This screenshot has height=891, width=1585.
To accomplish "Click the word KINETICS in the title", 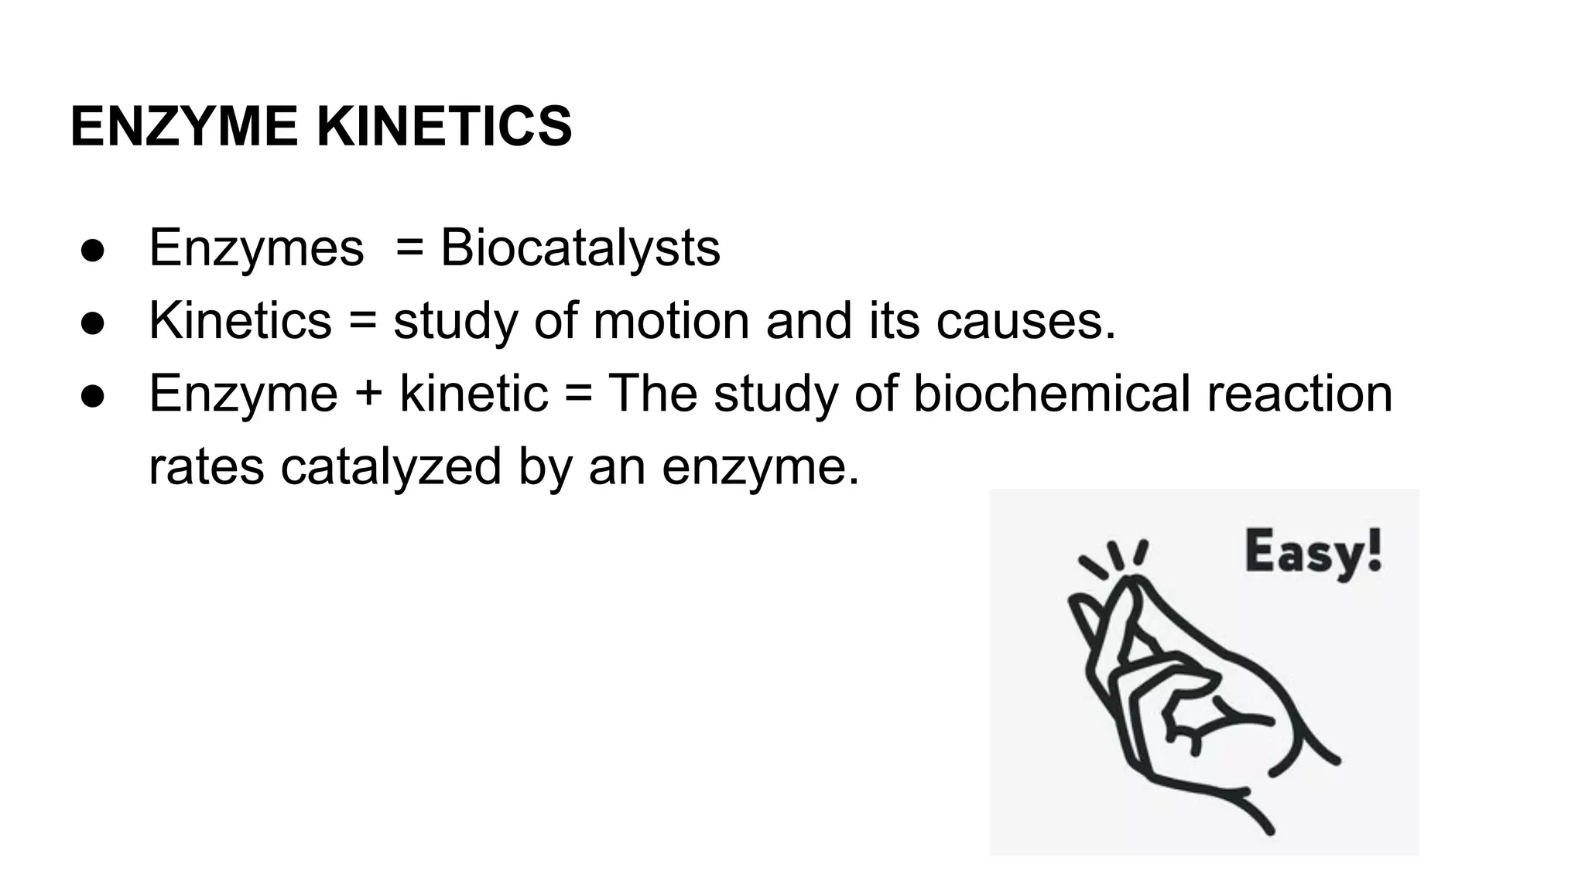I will point(444,127).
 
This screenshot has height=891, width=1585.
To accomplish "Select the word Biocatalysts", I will point(580,248).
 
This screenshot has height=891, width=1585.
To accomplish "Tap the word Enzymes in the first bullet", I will point(256,248).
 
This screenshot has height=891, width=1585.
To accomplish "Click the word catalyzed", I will point(391,466).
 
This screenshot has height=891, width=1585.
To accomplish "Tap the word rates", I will point(206,466).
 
